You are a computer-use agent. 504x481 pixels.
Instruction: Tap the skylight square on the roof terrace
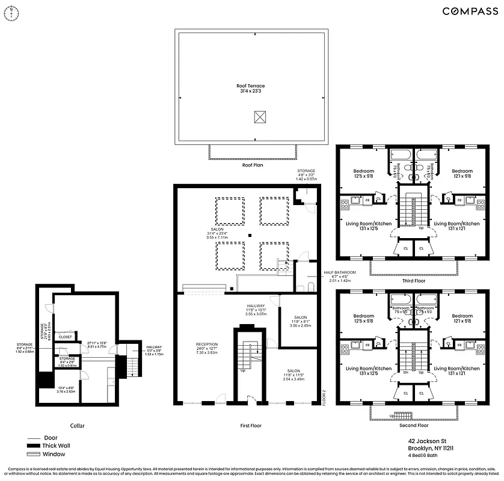260,116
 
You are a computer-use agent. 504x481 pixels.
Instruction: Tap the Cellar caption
77,426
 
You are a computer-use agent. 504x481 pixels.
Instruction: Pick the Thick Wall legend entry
58,446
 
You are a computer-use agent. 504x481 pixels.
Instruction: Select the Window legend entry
55,454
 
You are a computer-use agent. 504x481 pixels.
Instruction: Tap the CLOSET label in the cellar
65,337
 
